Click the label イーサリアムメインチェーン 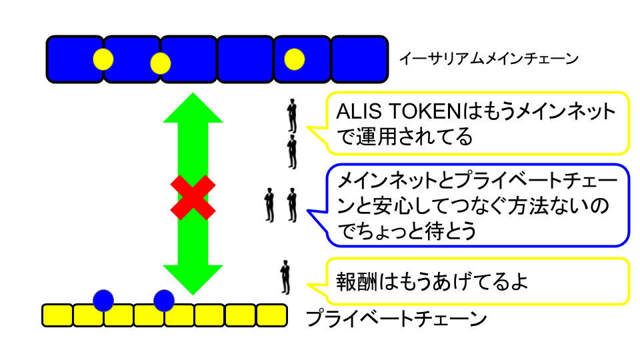point(488,59)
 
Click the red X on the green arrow point(193,197)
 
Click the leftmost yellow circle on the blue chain point(103,59)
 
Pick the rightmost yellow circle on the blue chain point(294,59)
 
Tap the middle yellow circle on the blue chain point(161,63)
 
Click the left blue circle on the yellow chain point(103,301)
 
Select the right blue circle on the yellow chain point(163,301)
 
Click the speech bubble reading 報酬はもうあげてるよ point(477,281)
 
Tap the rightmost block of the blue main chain point(359,59)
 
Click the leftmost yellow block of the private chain point(57,315)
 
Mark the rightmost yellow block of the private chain point(271,315)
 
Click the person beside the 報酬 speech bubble point(285,277)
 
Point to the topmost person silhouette point(292,116)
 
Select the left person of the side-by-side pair point(269,205)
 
